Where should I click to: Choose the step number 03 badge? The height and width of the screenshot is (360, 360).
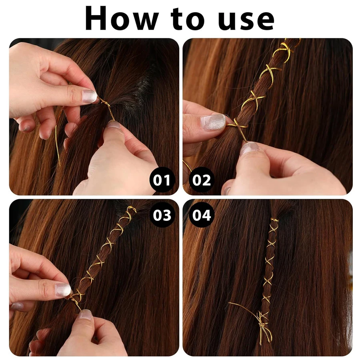coord(162,215)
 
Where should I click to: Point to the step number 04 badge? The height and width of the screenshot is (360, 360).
coord(201,215)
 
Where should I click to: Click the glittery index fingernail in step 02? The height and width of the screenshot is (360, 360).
coord(213,122)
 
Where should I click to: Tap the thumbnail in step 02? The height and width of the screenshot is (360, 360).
coord(250,148)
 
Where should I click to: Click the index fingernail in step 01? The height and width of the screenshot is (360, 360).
coord(89,96)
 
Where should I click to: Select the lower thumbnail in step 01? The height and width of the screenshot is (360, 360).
coord(114,125)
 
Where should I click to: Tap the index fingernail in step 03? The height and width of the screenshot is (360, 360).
coord(63,289)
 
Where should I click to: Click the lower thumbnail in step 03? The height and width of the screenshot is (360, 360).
coord(85,314)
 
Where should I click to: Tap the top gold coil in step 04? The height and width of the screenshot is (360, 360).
coord(274,220)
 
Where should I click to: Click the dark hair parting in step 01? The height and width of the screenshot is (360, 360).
coord(142,87)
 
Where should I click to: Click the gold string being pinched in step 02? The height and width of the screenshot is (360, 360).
coord(236,126)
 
